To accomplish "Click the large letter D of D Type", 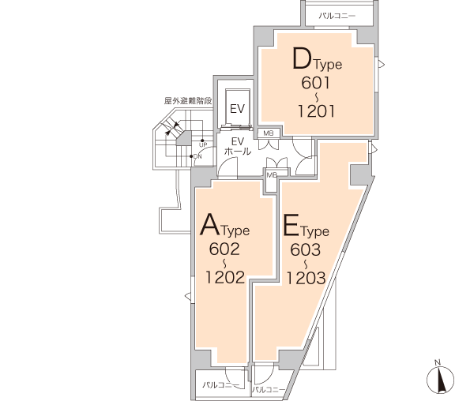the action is (x=302, y=59).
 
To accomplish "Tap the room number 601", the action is (x=316, y=83).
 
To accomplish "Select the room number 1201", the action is (x=316, y=111).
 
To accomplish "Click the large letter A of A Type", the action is (x=210, y=224).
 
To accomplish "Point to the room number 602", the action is (x=224, y=249).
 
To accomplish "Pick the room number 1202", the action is (x=225, y=276).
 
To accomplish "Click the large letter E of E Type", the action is (x=291, y=225).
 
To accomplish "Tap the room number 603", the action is (x=305, y=249).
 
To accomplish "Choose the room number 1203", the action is (x=306, y=278).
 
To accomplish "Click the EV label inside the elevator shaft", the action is (x=237, y=109).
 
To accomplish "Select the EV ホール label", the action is (x=238, y=146).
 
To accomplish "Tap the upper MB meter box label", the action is (x=269, y=133).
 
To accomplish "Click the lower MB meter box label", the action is (x=272, y=175).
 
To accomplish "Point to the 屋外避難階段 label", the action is (x=188, y=101).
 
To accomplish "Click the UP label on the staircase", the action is (x=203, y=144).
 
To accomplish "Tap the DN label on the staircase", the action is (x=197, y=156).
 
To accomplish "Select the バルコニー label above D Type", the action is (x=337, y=16).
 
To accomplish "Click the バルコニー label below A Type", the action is (x=221, y=385).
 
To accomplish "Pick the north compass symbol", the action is (x=441, y=380).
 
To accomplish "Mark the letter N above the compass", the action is (x=438, y=362).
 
